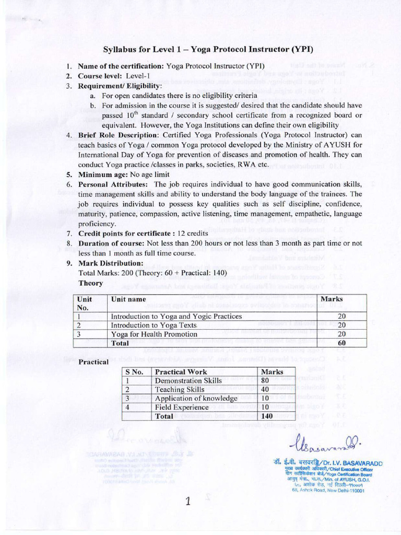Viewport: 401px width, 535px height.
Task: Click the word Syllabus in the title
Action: [120, 50]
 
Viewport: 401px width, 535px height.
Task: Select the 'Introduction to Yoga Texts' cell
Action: [154, 325]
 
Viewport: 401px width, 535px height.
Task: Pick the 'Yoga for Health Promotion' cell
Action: [154, 334]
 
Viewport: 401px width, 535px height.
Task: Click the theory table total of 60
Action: [342, 343]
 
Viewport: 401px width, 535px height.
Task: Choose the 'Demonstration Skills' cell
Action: [188, 380]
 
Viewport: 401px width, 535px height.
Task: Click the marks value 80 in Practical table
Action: [266, 380]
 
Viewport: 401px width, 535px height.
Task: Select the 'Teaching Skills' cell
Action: [180, 389]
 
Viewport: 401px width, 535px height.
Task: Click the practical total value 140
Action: [267, 416]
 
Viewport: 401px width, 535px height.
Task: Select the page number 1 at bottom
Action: [189, 502]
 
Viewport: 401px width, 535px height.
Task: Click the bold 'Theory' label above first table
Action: [90, 283]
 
